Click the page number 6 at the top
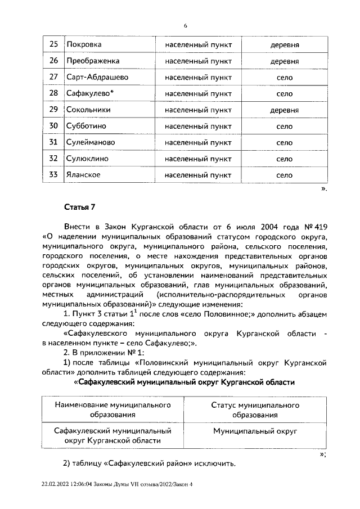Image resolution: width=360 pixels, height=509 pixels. pos(184,25)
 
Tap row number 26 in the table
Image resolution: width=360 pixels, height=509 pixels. pos(53,60)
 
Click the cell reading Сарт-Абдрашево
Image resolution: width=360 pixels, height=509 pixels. pos(97,76)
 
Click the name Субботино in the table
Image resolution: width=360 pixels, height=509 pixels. pos(90,126)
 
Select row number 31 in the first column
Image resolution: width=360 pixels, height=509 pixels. pos(53,142)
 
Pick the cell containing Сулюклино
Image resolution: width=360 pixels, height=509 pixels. pos(91,159)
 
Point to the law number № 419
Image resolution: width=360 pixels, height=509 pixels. pos(316,227)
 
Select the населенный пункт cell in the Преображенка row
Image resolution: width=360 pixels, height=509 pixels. pos(198,60)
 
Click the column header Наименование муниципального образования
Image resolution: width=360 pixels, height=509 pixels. pos(112,409)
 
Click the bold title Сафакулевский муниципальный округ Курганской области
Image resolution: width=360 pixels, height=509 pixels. pos(184,382)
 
